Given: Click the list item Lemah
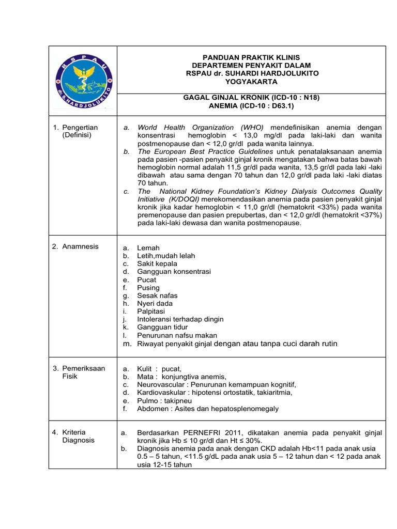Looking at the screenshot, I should click(x=148, y=248).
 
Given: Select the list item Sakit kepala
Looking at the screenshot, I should click(x=157, y=264).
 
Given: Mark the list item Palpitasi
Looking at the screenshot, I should click(x=151, y=312).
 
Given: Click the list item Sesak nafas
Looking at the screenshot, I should click(x=157, y=295).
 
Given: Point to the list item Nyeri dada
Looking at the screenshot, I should click(x=155, y=304).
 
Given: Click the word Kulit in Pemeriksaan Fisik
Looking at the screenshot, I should click(x=145, y=369).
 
